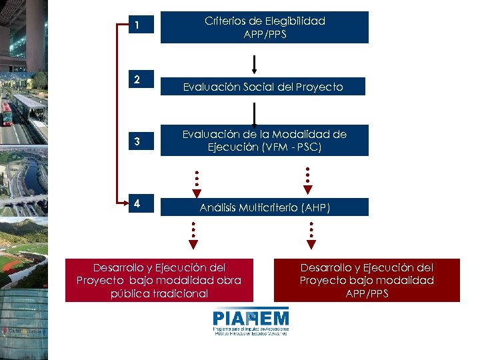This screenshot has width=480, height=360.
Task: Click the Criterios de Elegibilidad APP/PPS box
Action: pyautogui.click(x=265, y=27)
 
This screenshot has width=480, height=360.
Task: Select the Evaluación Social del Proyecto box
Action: pyautogui.click(x=263, y=87)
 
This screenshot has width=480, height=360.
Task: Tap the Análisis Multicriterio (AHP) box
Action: pyautogui.click(x=265, y=207)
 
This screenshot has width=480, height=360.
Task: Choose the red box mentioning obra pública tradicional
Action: pyautogui.click(x=159, y=280)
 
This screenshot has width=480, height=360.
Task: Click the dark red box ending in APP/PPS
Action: pyautogui.click(x=367, y=280)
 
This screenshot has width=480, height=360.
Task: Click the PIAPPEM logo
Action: pyautogui.click(x=251, y=321)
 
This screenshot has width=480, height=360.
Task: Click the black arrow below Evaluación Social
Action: pyautogui.click(x=254, y=114)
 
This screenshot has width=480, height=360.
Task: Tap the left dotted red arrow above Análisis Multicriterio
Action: pyautogui.click(x=197, y=184)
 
